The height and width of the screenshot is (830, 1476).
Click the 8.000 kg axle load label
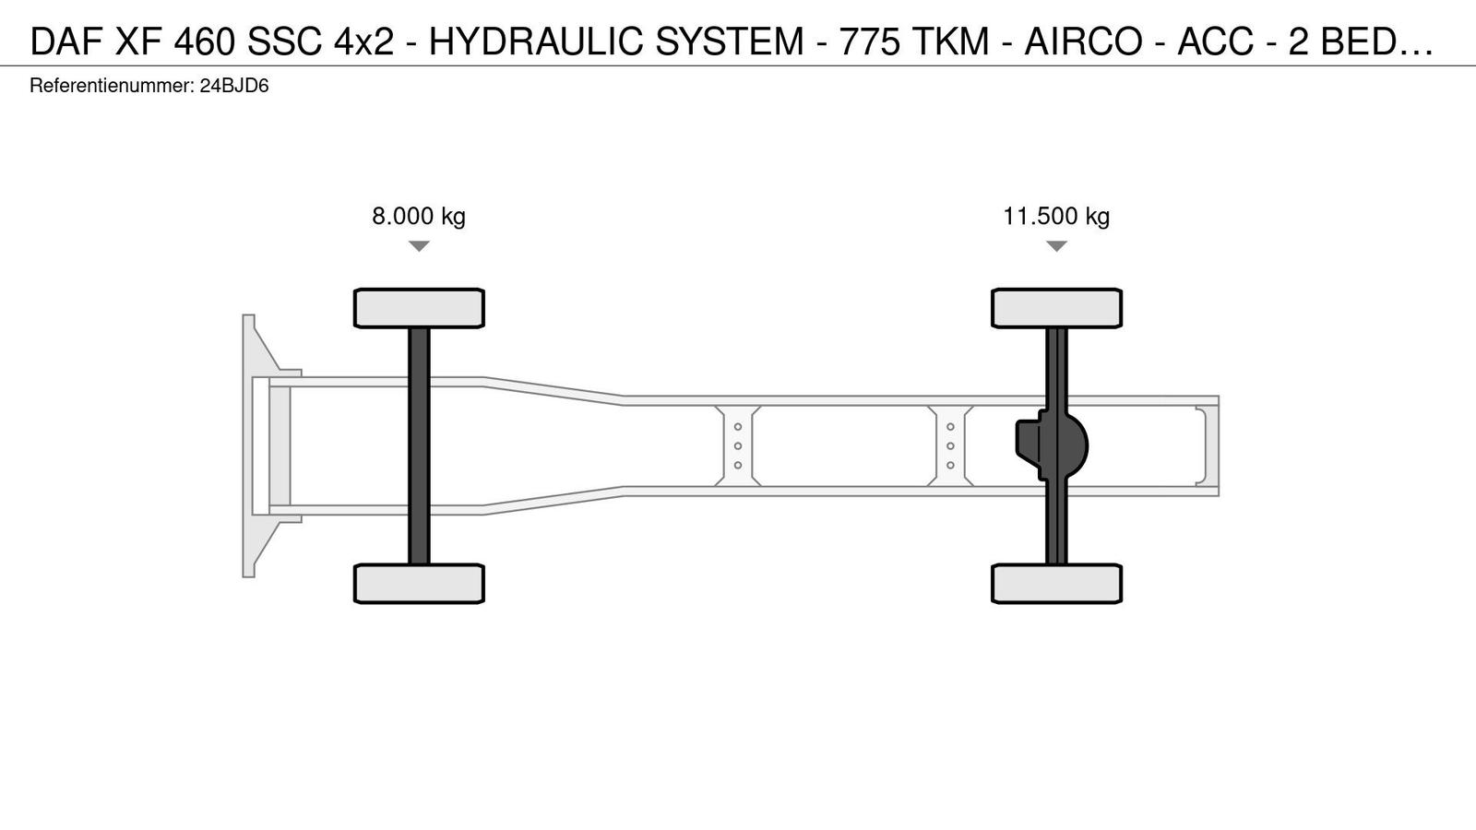(x=419, y=216)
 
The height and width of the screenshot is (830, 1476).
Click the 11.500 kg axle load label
(x=1056, y=216)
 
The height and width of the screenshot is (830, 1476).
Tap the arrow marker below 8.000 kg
(x=419, y=245)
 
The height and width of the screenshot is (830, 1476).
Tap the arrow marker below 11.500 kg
(x=1056, y=245)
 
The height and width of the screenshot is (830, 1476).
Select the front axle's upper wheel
(x=419, y=308)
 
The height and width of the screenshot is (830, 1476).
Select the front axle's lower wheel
(x=419, y=584)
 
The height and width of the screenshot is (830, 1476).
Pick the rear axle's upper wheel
(x=1056, y=308)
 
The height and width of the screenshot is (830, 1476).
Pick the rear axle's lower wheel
(x=1056, y=584)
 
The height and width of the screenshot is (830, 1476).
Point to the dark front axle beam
(x=419, y=446)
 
